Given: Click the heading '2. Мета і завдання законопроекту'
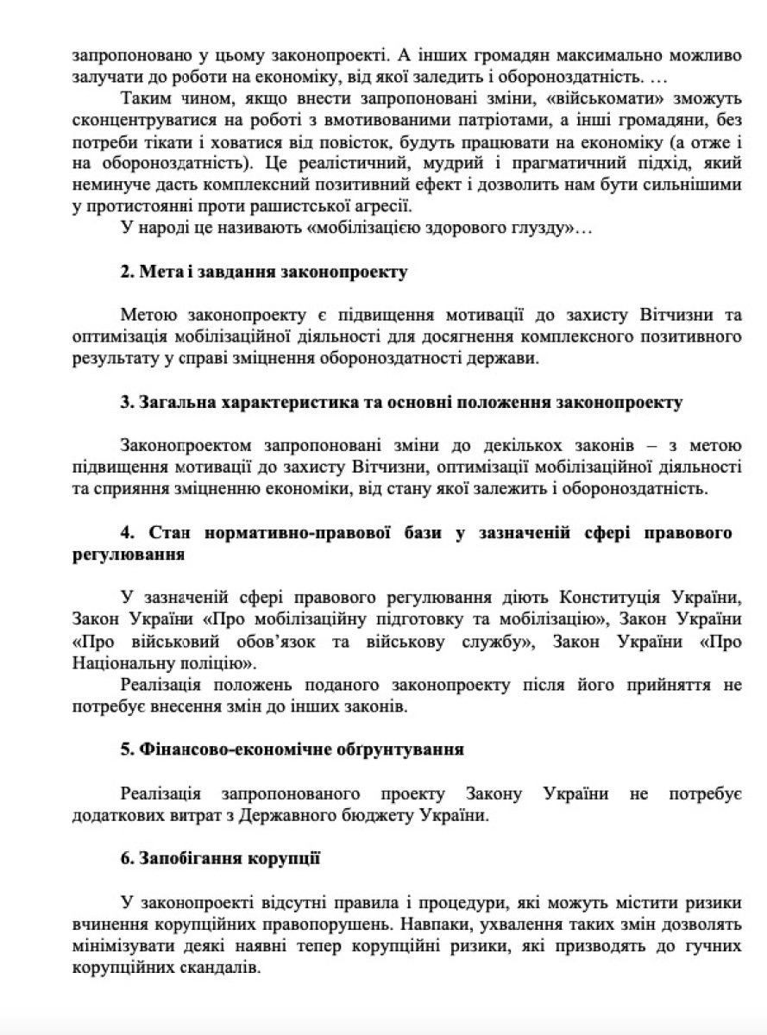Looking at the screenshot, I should click(263, 273).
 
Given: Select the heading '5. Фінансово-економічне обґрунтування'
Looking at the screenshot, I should click(292, 749).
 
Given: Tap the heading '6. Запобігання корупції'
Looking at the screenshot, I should click(221, 858).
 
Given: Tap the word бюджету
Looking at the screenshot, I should click(377, 815).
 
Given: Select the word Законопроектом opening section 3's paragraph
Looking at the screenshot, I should click(186, 445).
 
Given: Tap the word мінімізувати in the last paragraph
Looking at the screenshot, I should click(126, 946).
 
